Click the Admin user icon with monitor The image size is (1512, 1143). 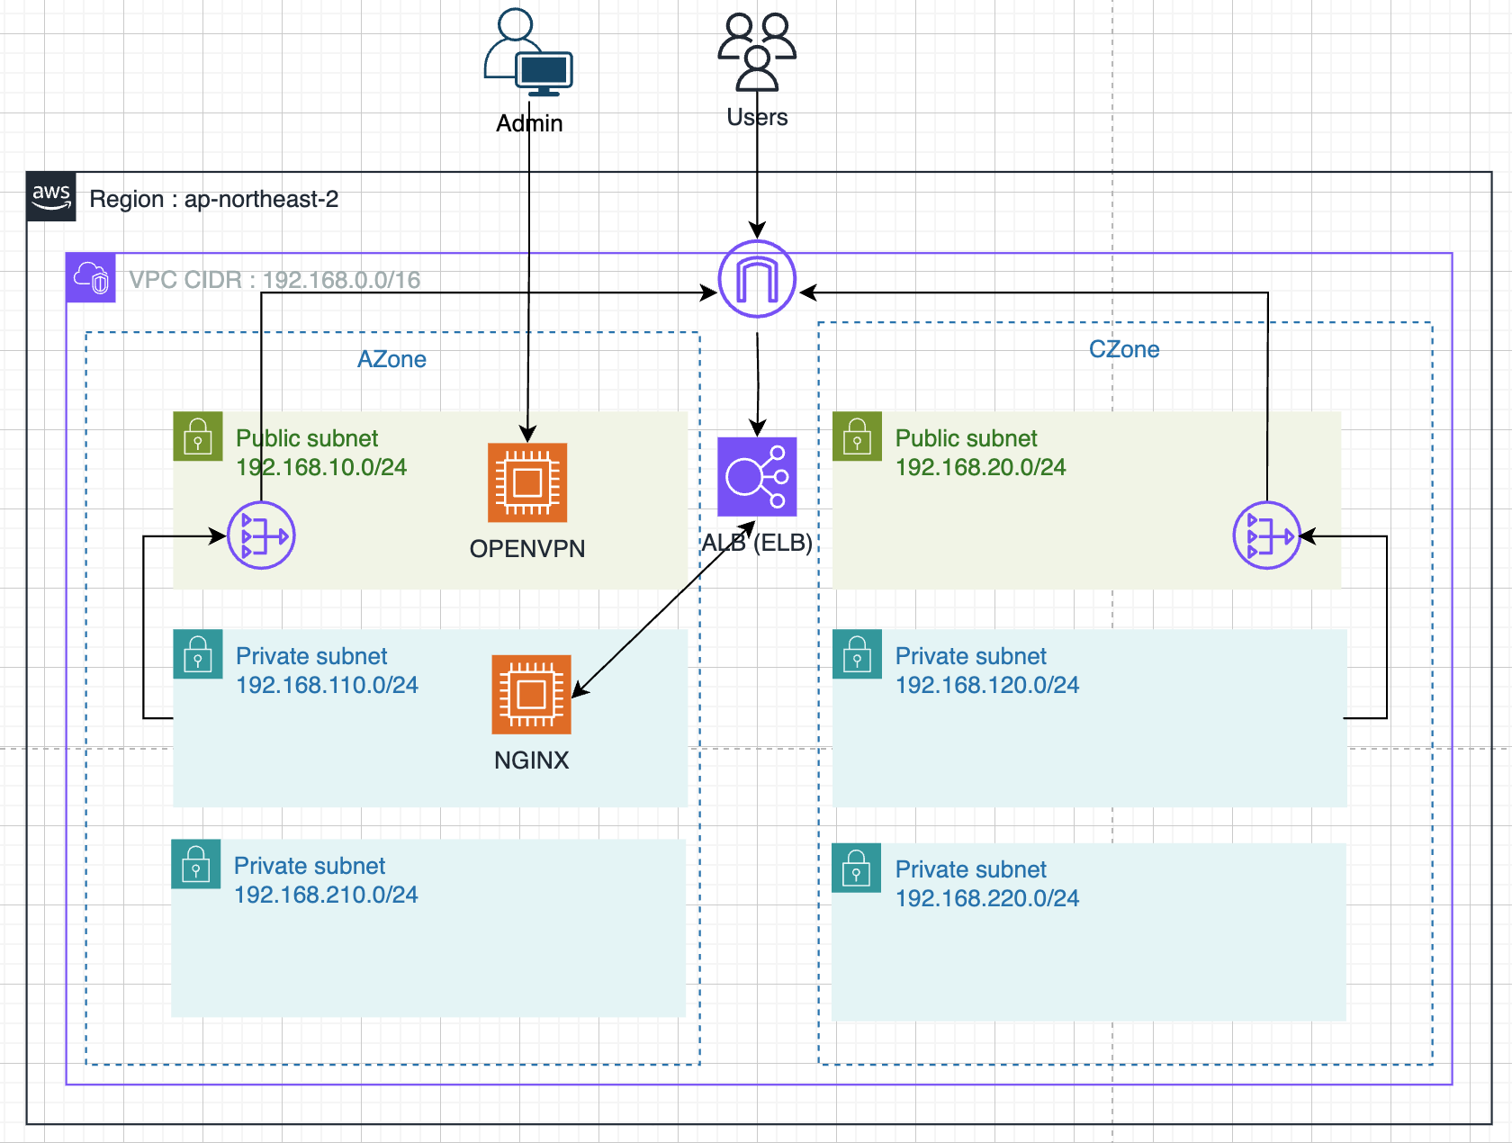(x=528, y=52)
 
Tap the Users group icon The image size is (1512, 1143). (x=756, y=52)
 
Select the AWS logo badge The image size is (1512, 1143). (x=51, y=196)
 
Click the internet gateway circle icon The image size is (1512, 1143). (x=757, y=279)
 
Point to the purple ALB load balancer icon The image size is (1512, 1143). (x=757, y=476)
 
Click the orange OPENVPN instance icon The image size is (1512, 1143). (x=527, y=482)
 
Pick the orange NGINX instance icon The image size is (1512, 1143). (x=531, y=694)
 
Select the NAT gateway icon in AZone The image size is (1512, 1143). (x=261, y=535)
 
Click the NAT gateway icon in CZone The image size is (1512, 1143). (x=1267, y=535)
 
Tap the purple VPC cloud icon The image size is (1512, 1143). (x=91, y=277)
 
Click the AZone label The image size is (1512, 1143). (x=391, y=359)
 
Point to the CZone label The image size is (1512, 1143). (x=1124, y=349)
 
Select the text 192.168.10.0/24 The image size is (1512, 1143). (x=321, y=467)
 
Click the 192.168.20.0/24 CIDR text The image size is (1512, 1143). (x=980, y=467)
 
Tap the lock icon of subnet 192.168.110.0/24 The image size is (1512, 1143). (x=198, y=654)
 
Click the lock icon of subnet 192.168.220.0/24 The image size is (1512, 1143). (x=856, y=868)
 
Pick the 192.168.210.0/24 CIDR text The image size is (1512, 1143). (x=326, y=895)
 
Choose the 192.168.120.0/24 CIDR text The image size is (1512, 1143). (x=987, y=684)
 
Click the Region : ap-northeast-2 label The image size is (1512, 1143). (x=214, y=199)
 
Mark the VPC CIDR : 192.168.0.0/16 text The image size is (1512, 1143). (x=274, y=280)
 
